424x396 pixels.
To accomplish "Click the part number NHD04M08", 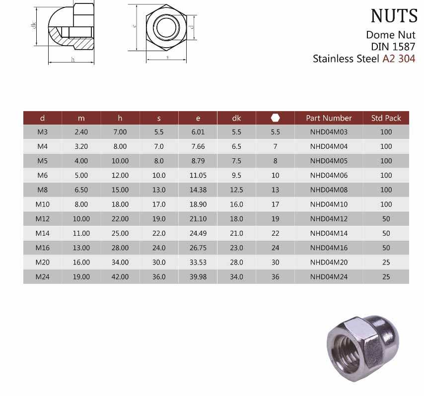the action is click(329, 190).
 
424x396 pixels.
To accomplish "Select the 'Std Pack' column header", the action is click(386, 118).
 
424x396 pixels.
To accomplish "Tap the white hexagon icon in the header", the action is click(275, 118).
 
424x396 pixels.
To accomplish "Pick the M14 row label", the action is click(43, 233).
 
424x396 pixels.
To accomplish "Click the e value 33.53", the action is click(198, 262).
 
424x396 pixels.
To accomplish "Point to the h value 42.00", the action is click(120, 277).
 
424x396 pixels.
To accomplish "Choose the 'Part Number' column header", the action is click(329, 118).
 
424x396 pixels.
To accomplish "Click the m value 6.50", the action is click(81, 190).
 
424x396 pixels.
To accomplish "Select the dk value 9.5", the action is click(236, 176).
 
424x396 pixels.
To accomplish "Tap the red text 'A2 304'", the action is click(399, 59).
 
